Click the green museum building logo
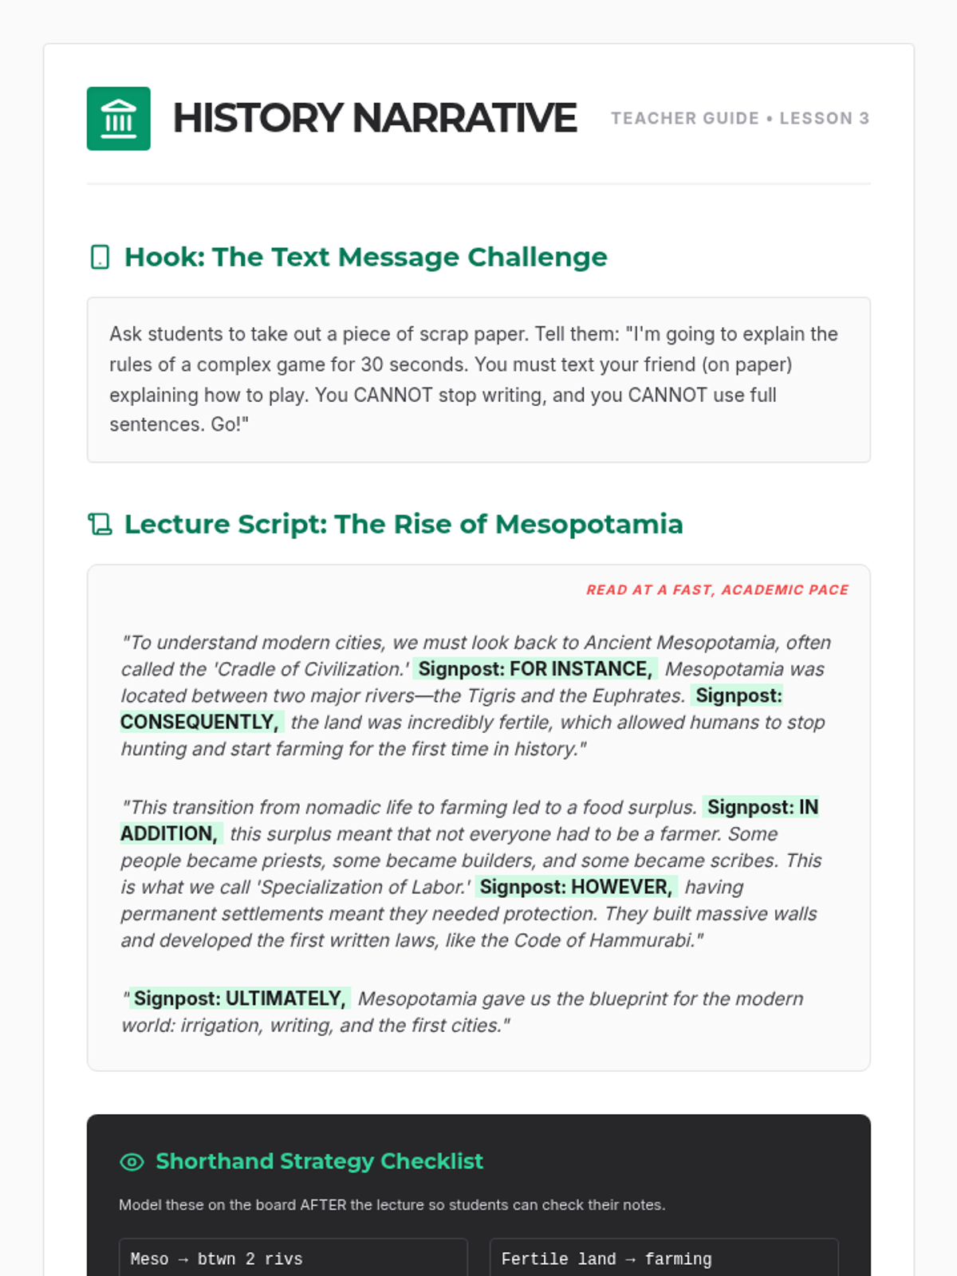pos(118,119)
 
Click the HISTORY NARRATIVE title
pos(374,119)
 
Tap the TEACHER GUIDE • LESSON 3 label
pos(739,119)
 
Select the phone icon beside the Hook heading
pos(100,258)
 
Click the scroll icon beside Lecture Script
pos(100,525)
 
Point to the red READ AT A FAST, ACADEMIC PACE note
pos(717,590)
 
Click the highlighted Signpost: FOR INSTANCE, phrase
pos(535,669)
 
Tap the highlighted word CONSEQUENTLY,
pos(199,723)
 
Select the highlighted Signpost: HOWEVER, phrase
pos(576,887)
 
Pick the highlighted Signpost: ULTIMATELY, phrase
pos(239,998)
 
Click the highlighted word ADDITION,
pos(169,834)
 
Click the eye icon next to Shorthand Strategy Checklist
pos(132,1162)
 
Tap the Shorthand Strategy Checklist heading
pos(319,1161)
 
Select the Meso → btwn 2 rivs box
pos(293,1258)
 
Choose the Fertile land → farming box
pos(664,1258)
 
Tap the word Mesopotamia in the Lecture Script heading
pos(589,525)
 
